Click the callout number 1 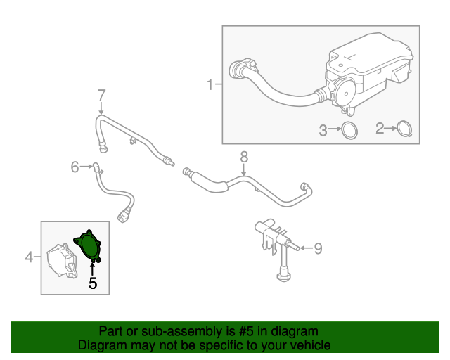coord(210,85)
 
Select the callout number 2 coord(380,129)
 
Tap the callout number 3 coord(324,129)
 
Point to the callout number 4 coord(30,257)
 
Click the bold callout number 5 coord(92,283)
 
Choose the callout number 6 coord(75,167)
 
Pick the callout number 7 coord(101,94)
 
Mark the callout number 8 coord(244,155)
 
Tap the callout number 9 coord(317,247)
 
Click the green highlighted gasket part coord(89,246)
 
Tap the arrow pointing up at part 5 coord(92,269)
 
